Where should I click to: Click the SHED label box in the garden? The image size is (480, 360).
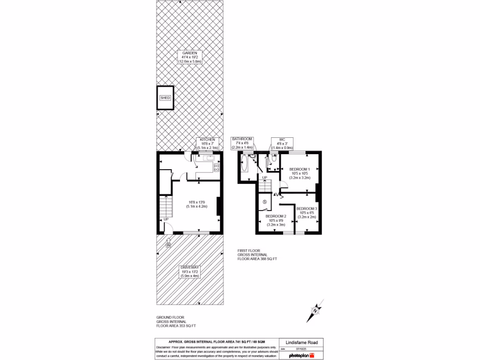pyautogui.click(x=165, y=98)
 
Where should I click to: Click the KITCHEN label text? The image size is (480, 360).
pyautogui.click(x=208, y=140)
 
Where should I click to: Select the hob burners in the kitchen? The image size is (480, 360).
pyautogui.click(x=217, y=167)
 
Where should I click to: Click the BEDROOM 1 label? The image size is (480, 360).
pyautogui.click(x=299, y=169)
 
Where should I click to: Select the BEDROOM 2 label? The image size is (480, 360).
pyautogui.click(x=276, y=216)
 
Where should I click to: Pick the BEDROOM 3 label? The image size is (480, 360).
pyautogui.click(x=307, y=209)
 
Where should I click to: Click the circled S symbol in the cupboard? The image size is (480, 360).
pyautogui.click(x=265, y=202)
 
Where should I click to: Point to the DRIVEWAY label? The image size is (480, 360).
pyautogui.click(x=190, y=267)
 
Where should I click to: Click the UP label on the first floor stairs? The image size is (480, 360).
pyautogui.click(x=265, y=177)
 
